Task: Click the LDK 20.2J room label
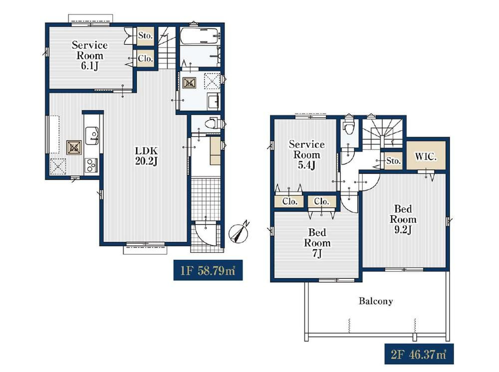[x=146, y=156]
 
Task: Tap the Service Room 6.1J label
[x=90, y=55]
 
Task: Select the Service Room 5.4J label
[x=307, y=155]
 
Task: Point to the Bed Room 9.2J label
[x=403, y=219]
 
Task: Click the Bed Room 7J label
[x=317, y=243]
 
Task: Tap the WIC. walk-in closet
[x=426, y=157]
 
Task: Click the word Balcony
[x=376, y=301]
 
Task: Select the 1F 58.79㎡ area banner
[x=208, y=270]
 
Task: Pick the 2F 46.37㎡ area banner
[x=419, y=354]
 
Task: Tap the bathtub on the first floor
[x=200, y=37]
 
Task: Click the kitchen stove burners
[x=91, y=165]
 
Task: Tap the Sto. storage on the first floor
[x=145, y=35]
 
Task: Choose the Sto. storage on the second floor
[x=393, y=161]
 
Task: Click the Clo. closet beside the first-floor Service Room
[x=145, y=58]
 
